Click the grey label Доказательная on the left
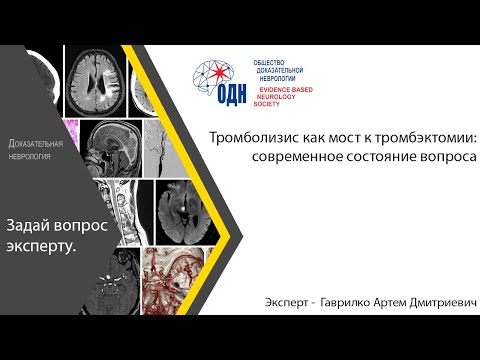36,145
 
